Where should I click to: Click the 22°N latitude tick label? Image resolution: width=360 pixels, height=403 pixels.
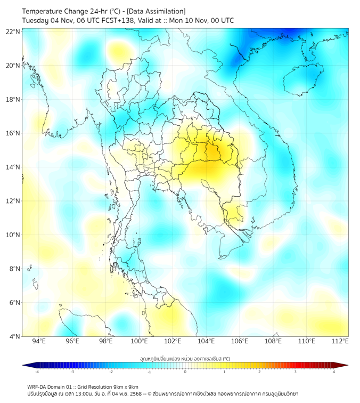tap(13, 31)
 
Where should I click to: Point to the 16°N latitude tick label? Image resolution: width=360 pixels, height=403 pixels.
tap(13, 133)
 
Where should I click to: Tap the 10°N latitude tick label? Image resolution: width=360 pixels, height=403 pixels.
tap(13, 235)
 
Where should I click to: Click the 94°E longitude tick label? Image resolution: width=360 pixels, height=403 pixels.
tap(39, 341)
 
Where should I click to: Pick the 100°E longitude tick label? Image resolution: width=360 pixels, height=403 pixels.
tap(139, 341)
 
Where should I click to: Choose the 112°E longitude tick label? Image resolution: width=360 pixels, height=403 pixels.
tap(340, 341)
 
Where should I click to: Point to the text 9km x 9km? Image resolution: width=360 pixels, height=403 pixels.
tap(124, 386)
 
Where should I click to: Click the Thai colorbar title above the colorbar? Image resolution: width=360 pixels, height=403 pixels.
tap(185, 359)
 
